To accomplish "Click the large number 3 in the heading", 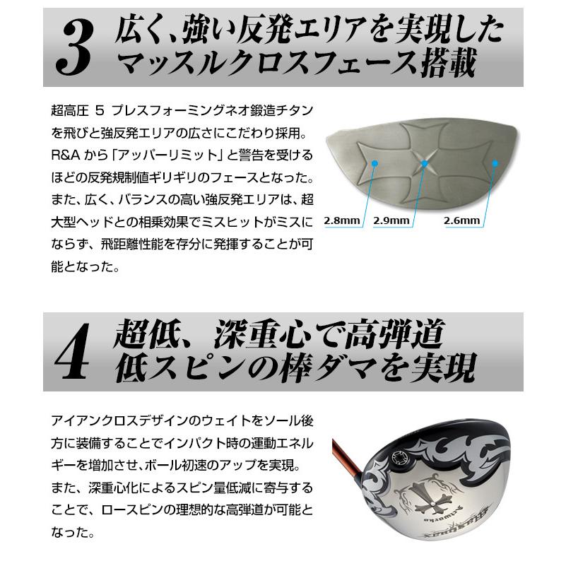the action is [75, 48].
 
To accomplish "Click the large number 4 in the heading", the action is [73, 351].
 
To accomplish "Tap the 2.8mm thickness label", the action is [342, 220].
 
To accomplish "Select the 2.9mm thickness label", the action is [391, 220].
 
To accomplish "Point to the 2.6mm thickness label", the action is [461, 220].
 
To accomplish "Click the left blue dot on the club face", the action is [375, 163].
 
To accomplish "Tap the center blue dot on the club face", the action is [425, 163].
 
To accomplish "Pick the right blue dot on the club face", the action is [495, 163].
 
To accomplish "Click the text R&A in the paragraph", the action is [66, 155].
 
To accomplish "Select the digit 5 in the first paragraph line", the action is [100, 110].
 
